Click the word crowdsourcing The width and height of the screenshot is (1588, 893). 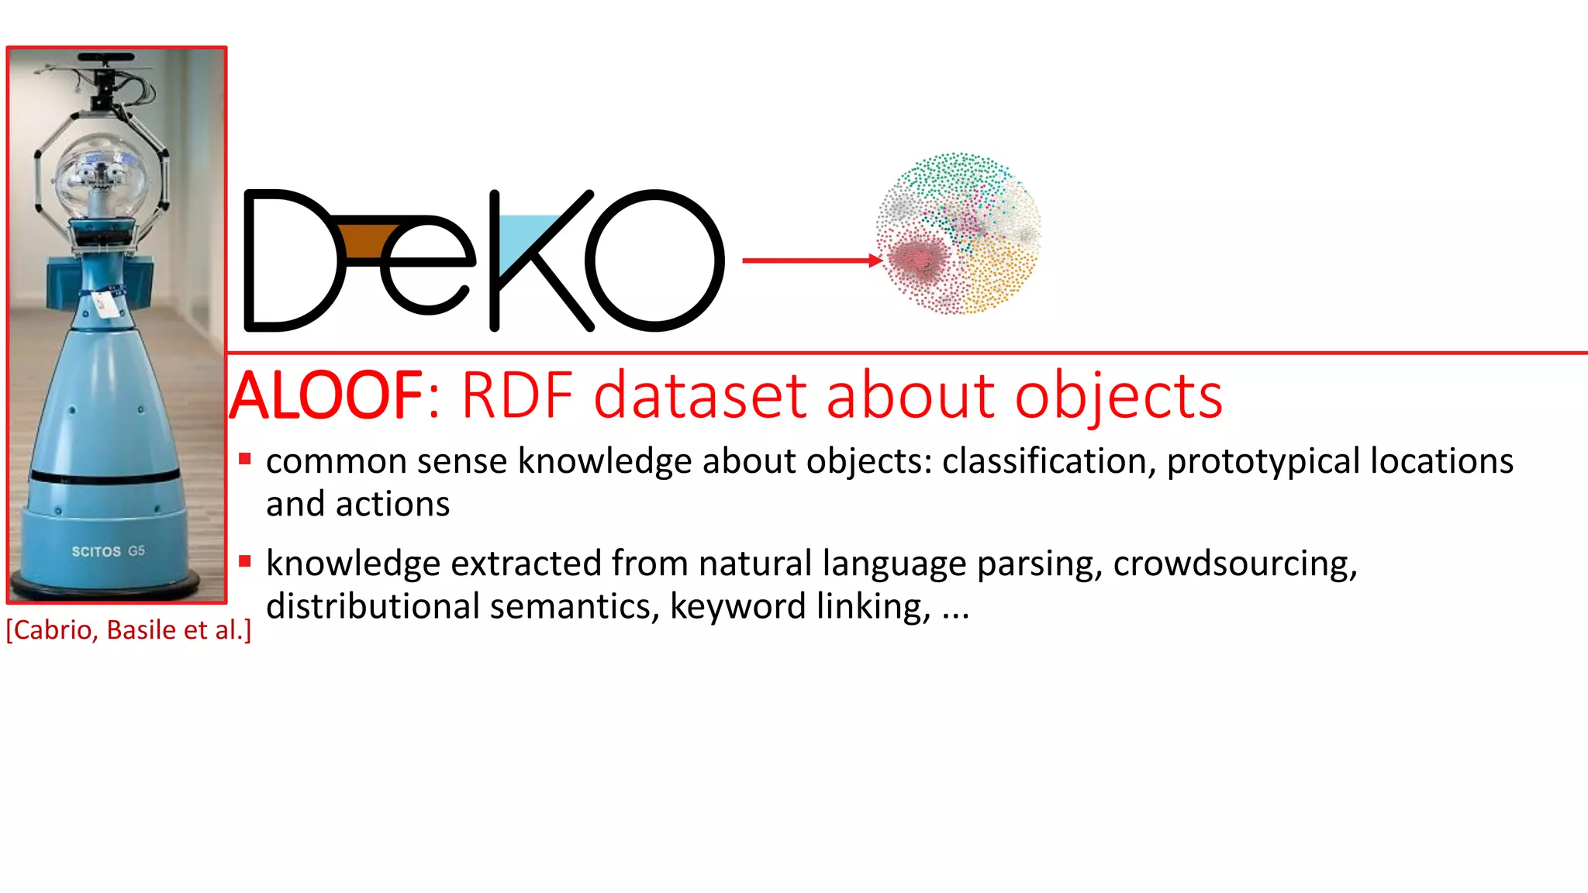tap(1235, 564)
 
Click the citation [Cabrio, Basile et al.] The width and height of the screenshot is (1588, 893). tap(129, 629)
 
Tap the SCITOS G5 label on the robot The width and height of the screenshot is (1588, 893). tap(109, 551)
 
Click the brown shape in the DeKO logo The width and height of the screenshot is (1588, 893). tap(364, 241)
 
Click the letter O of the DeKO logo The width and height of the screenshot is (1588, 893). tap(654, 260)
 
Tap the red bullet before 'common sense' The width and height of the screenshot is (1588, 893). tap(245, 459)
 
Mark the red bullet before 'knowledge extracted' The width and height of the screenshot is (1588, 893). tap(245, 561)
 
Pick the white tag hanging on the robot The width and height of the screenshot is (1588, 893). tap(106, 304)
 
